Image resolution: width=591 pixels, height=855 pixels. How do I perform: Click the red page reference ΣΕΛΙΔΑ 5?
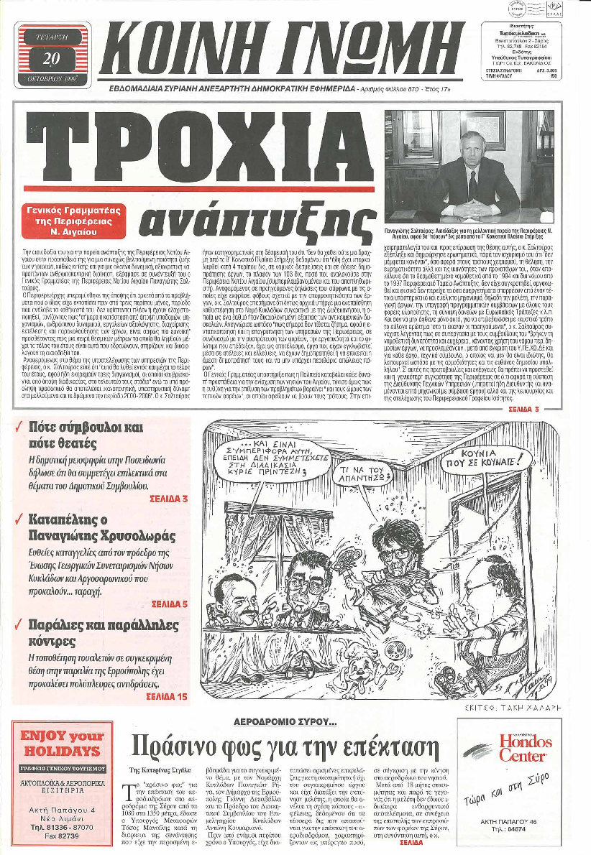click(x=170, y=583)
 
